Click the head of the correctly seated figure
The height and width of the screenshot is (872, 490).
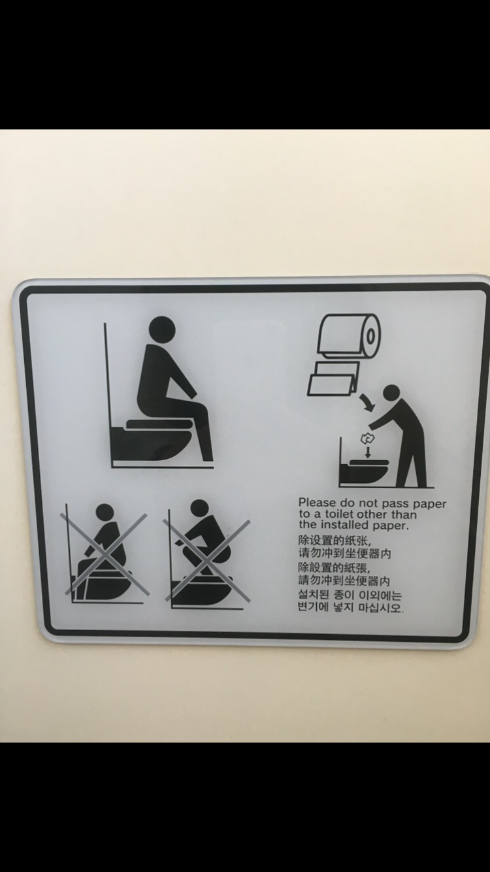click(x=162, y=329)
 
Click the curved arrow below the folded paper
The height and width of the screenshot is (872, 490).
click(x=367, y=402)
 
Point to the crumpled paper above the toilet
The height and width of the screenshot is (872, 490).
click(x=367, y=439)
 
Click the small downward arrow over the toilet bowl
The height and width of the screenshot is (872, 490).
click(x=368, y=452)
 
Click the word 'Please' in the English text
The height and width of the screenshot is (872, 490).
click(x=317, y=503)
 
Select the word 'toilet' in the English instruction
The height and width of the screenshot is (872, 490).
click(x=340, y=514)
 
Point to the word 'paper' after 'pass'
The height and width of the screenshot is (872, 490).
click(x=430, y=504)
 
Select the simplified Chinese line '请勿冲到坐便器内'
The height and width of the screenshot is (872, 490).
click(x=344, y=553)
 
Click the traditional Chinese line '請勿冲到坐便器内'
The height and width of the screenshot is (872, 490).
click(x=344, y=581)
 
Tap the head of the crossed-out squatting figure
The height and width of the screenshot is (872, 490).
click(x=199, y=508)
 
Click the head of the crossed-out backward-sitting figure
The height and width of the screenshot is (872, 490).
click(x=105, y=512)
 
